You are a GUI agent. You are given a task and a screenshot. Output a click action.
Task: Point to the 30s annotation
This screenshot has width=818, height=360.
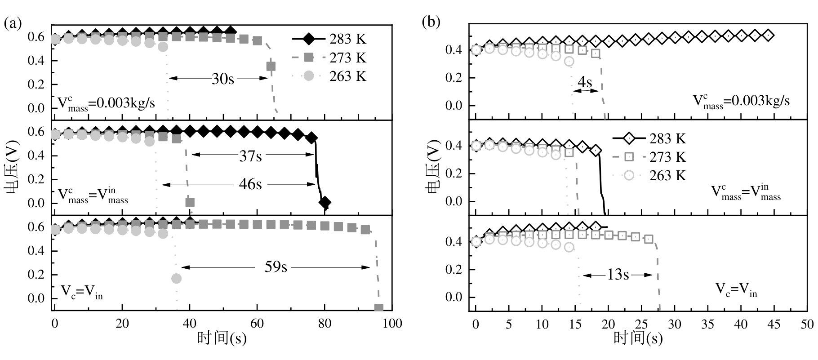[223, 79]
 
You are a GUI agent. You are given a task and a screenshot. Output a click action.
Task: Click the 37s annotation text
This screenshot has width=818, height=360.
[250, 156]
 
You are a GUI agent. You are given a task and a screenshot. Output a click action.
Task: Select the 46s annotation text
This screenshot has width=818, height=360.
[250, 184]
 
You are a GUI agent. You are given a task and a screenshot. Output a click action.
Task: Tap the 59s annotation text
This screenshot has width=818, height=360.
[275, 267]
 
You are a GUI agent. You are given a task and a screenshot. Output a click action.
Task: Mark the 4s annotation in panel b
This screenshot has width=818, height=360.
[584, 82]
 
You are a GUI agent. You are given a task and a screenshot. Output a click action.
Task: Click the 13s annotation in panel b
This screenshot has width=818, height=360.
[618, 275]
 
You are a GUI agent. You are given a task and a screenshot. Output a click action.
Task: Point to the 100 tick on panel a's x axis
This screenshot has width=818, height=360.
[392, 323]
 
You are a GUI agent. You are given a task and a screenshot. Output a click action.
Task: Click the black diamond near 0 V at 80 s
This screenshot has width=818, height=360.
[325, 203]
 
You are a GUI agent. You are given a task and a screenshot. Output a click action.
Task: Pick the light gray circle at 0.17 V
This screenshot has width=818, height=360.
[177, 279]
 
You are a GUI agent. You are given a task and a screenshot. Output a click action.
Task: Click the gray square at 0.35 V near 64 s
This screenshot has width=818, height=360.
[271, 67]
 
